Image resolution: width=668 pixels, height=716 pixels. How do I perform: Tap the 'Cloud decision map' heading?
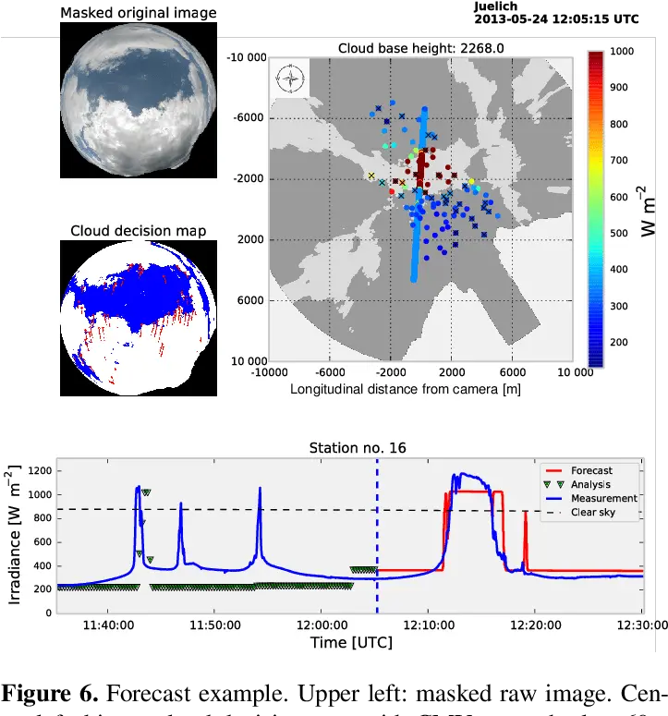pyautogui.click(x=139, y=231)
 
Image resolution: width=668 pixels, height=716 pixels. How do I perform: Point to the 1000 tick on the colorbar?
pyautogui.click(x=622, y=52)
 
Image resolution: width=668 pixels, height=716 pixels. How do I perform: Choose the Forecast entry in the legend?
pyautogui.click(x=591, y=470)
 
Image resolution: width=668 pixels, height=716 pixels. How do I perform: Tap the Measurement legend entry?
pyautogui.click(x=598, y=498)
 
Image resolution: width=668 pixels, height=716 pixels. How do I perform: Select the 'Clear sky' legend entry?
pyautogui.click(x=592, y=512)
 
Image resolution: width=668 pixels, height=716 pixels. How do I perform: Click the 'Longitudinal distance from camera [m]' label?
pyautogui.click(x=406, y=389)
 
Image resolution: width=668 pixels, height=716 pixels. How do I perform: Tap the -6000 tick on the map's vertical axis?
pyautogui.click(x=247, y=118)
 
